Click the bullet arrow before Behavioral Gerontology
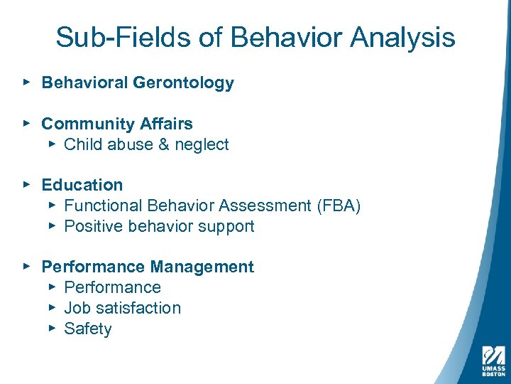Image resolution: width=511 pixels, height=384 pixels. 26,82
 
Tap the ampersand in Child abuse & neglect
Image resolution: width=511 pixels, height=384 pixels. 165,144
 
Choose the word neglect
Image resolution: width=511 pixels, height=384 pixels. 202,144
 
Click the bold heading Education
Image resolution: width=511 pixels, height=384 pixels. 82,185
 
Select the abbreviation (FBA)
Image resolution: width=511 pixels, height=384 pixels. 338,206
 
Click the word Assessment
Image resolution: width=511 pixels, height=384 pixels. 265,206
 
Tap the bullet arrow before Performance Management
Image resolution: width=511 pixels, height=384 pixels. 26,267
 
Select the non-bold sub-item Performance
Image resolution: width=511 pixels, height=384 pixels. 112,288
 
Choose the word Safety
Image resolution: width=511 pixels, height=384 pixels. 88,329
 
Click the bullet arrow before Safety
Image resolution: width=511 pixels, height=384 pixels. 52,329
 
